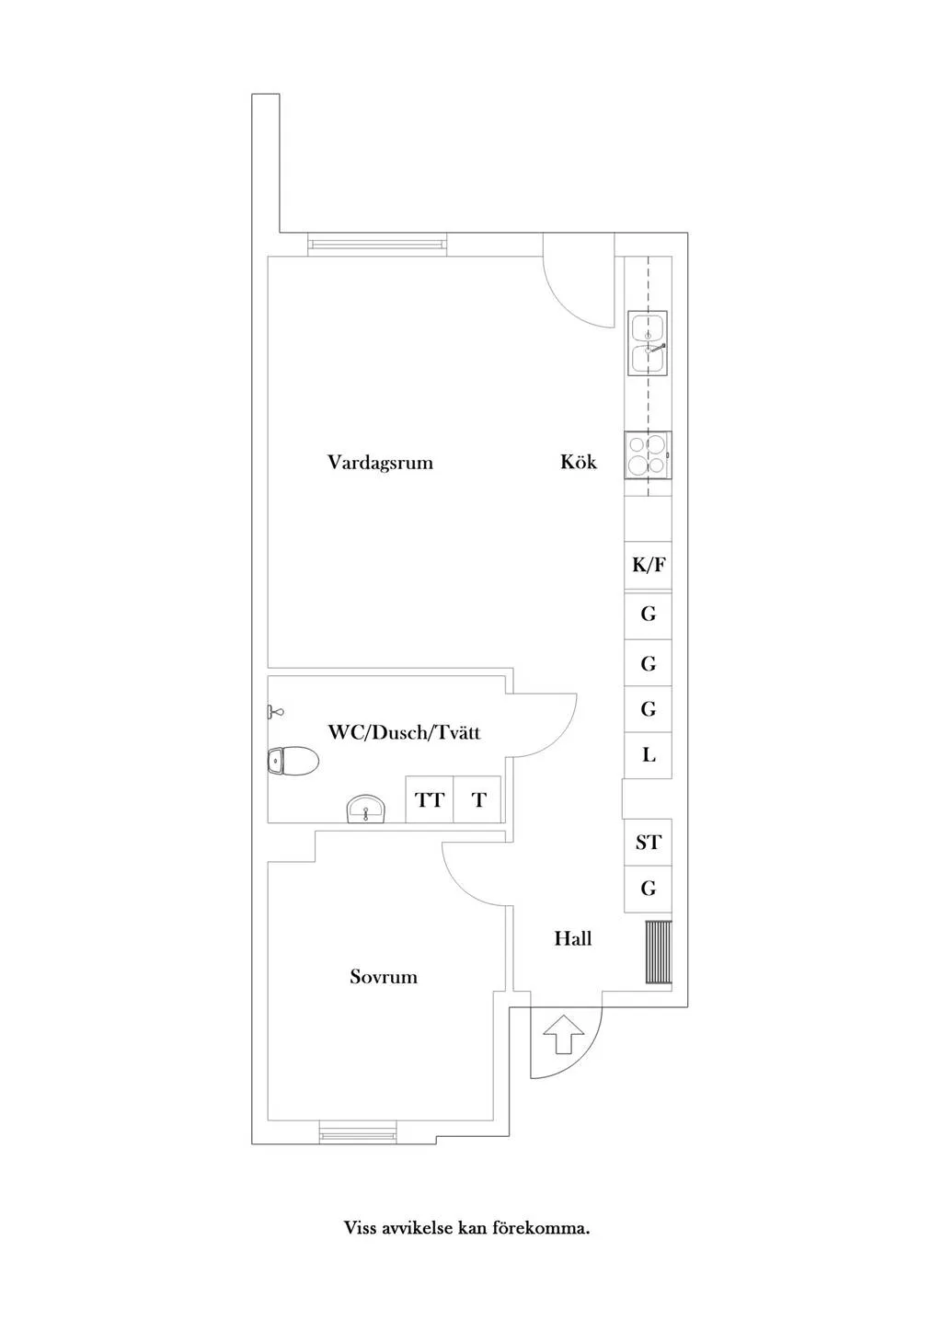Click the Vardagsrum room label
pyautogui.click(x=380, y=462)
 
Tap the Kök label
pyautogui.click(x=578, y=462)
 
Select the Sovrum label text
pyautogui.click(x=383, y=976)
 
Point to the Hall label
pyautogui.click(x=573, y=938)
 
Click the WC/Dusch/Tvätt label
pyautogui.click(x=404, y=732)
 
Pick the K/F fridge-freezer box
pyautogui.click(x=649, y=565)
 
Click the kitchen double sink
pyautogui.click(x=648, y=343)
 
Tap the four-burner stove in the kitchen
pyautogui.click(x=649, y=455)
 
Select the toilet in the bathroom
pyautogui.click(x=293, y=761)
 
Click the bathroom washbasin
pyautogui.click(x=367, y=808)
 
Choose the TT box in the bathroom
pyautogui.click(x=430, y=799)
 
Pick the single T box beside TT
pyautogui.click(x=477, y=799)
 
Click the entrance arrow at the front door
pyautogui.click(x=563, y=1035)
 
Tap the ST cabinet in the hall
pyautogui.click(x=649, y=842)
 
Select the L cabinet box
pyautogui.click(x=649, y=755)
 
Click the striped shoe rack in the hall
pyautogui.click(x=659, y=952)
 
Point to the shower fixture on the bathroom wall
pyautogui.click(x=276, y=711)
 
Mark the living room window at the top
pyautogui.click(x=377, y=244)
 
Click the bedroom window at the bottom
pyautogui.click(x=358, y=1131)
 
